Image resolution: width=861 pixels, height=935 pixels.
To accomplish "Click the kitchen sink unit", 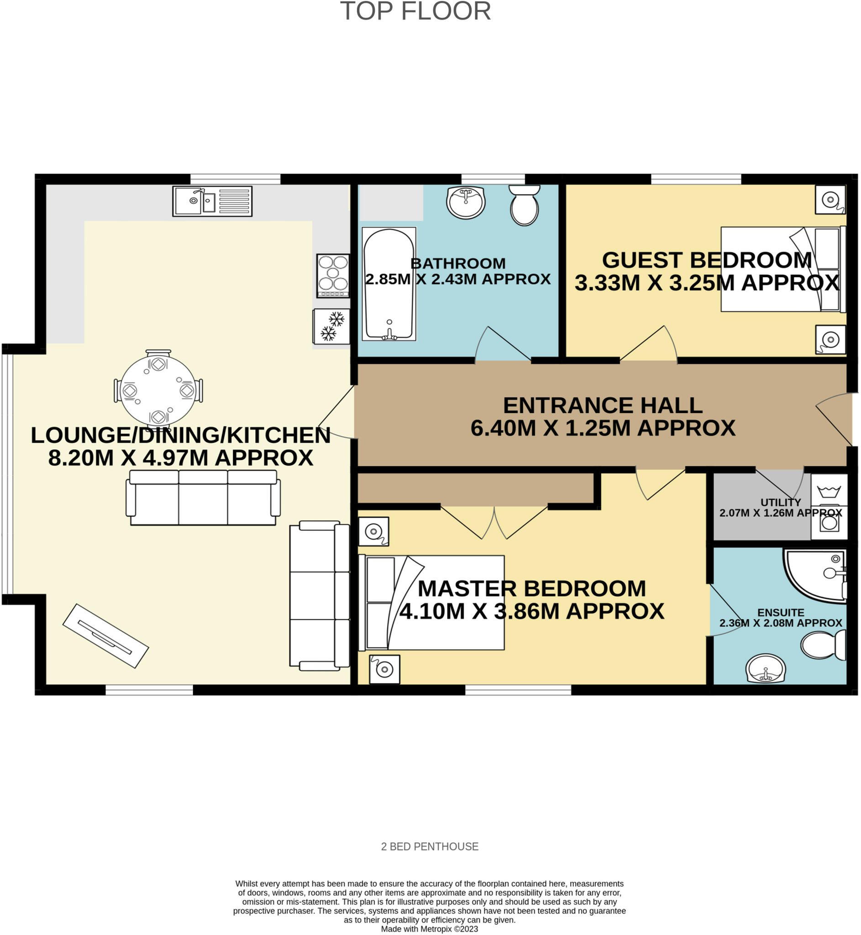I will (x=212, y=201).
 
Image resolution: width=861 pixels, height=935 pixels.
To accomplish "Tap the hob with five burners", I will (x=333, y=275).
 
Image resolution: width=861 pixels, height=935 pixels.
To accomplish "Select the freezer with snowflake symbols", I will (x=331, y=326).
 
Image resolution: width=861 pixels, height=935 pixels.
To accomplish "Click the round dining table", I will (x=158, y=389).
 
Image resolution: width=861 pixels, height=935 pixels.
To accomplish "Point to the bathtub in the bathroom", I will (x=388, y=283).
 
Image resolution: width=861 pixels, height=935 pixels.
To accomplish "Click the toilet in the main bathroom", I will (x=524, y=205).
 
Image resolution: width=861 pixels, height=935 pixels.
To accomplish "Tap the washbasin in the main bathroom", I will (x=466, y=202).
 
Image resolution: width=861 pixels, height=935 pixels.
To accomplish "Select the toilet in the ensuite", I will (x=823, y=645).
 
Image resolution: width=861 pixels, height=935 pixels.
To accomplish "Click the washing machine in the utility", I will (x=829, y=522).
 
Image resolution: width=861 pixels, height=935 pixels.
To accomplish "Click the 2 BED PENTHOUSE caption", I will (x=430, y=846).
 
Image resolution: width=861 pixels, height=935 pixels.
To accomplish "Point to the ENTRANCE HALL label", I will (x=603, y=405).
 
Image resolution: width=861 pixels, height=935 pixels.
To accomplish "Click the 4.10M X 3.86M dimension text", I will (x=531, y=611).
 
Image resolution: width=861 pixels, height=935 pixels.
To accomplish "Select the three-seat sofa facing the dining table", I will (x=203, y=498).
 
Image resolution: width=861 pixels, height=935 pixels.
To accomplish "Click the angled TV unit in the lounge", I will (x=105, y=636).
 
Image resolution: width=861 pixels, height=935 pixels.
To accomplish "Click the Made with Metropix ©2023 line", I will (x=430, y=929).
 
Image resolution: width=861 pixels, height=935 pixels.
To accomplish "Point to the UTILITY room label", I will (x=780, y=502).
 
